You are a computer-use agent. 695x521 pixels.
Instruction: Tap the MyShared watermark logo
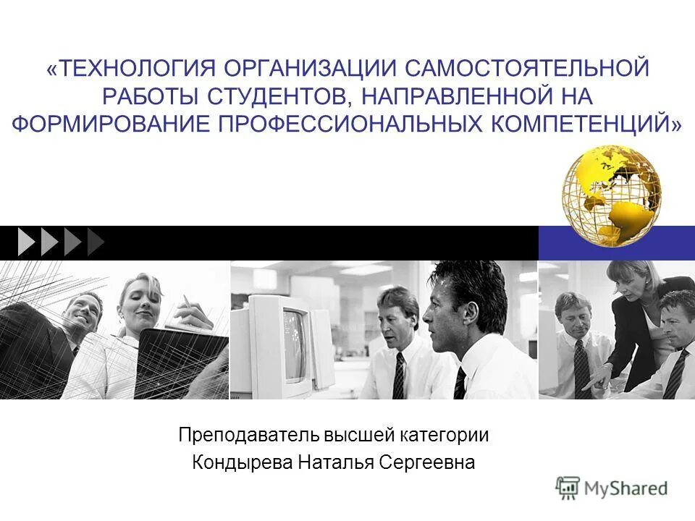click(x=612, y=488)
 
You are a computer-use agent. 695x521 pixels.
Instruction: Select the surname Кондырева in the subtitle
click(x=243, y=462)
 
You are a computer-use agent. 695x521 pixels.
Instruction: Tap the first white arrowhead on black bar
click(x=26, y=242)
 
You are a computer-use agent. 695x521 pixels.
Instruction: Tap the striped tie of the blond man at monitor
click(x=398, y=376)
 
